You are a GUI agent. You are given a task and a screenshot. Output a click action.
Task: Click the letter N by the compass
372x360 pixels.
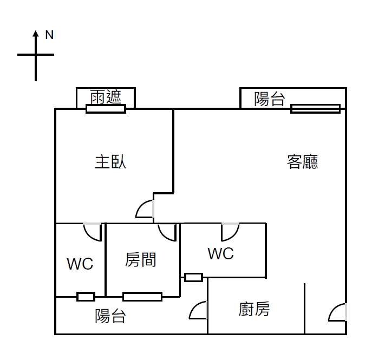click(49, 35)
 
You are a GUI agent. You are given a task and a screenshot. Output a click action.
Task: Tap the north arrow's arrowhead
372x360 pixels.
click(36, 34)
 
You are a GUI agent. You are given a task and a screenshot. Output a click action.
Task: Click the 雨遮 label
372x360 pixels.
click(106, 97)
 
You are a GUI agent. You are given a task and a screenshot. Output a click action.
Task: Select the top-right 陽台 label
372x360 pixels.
click(270, 99)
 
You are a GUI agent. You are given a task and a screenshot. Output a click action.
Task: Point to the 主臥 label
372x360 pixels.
click(110, 162)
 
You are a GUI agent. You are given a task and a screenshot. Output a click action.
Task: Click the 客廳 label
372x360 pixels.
click(302, 162)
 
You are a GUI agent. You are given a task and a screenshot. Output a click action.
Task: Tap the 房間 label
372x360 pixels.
click(141, 260)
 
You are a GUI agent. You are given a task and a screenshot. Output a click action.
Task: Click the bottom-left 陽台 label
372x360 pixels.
click(110, 316)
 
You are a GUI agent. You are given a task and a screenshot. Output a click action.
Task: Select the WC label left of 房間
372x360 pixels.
click(80, 264)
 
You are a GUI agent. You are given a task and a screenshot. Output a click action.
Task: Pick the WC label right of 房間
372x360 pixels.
click(221, 253)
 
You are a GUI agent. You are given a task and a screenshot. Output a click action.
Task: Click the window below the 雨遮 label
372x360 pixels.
click(106, 109)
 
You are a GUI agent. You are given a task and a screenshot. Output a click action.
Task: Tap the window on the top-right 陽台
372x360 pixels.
click(315, 109)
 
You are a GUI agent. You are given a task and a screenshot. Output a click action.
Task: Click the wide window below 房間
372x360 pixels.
click(142, 296)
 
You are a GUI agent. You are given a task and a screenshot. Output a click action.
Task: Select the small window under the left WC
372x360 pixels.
click(86, 297)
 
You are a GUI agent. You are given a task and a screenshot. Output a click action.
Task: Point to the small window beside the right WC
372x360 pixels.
click(193, 278)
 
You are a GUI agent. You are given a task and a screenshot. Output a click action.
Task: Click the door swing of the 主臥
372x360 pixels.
click(146, 210)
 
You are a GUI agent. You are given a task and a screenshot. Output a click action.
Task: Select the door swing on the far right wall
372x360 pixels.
click(338, 312)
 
